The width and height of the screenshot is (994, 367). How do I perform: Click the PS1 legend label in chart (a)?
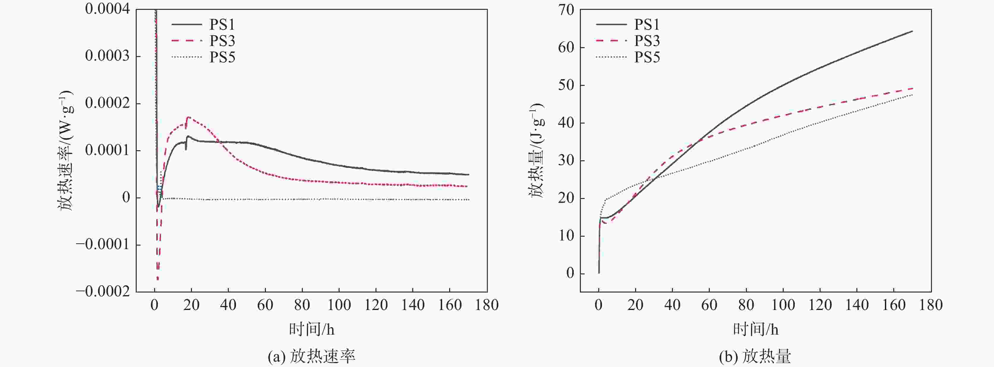coord(222,25)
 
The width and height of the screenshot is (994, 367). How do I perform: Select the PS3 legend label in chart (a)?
coord(222,41)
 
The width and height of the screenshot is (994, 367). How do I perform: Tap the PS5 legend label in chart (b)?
coord(647,57)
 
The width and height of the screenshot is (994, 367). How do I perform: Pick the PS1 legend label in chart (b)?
coord(647,25)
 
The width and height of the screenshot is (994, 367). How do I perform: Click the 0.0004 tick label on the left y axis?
coord(107,9)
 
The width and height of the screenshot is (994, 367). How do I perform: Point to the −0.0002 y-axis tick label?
coord(103,292)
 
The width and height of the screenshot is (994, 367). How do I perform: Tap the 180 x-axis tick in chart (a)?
coord(487,305)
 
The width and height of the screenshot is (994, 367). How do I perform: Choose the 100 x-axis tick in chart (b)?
coord(783,305)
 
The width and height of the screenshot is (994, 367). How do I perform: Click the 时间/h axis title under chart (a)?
coord(312,329)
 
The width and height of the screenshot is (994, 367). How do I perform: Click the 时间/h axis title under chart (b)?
coord(755,329)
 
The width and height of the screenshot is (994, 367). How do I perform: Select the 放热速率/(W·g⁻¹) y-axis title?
coord(66,150)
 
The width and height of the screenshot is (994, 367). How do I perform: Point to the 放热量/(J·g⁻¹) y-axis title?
coord(536,150)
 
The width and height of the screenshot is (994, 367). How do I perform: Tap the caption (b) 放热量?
coord(755,357)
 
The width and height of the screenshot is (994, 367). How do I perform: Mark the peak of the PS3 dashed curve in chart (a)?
coord(189,117)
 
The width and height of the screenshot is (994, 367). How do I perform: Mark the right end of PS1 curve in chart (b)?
coord(912,31)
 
